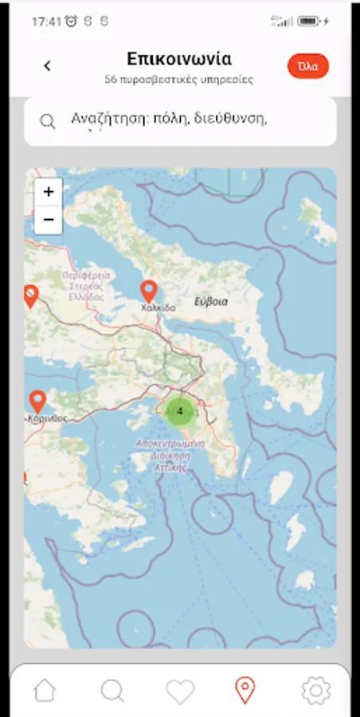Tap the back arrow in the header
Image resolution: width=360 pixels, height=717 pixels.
click(x=48, y=66)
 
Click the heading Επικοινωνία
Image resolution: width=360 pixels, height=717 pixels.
click(x=179, y=60)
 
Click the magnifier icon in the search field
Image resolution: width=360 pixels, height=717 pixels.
click(x=48, y=121)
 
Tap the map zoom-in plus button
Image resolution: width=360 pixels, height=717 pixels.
click(x=49, y=192)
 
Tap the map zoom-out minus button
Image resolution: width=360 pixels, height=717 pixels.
click(x=49, y=219)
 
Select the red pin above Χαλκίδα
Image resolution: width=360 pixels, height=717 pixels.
click(x=148, y=292)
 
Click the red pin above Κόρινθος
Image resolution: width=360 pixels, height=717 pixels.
click(x=37, y=401)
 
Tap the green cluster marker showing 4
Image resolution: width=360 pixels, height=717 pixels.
click(x=180, y=411)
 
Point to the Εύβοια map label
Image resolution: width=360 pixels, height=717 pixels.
click(x=211, y=302)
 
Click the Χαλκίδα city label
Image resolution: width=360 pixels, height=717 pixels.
click(x=158, y=308)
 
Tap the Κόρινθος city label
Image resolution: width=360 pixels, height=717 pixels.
click(x=47, y=417)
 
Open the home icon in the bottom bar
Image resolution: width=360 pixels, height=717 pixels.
click(x=45, y=690)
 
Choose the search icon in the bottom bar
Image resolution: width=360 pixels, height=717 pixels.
click(x=112, y=690)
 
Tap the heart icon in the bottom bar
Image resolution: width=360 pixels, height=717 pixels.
click(x=180, y=691)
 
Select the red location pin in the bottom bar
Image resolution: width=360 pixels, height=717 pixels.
click(x=245, y=690)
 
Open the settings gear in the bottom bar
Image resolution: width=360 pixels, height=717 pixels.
click(x=315, y=690)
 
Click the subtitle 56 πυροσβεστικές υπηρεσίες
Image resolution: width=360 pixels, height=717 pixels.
click(x=179, y=80)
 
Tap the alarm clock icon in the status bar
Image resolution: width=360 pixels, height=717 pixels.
click(x=72, y=22)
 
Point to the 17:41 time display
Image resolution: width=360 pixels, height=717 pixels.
click(x=46, y=22)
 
